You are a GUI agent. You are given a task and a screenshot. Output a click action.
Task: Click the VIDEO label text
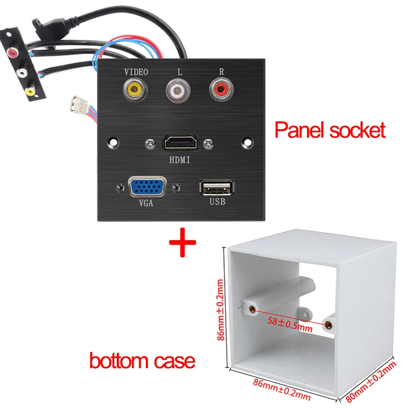[135, 72]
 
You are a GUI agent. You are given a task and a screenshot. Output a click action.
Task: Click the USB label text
[216, 202]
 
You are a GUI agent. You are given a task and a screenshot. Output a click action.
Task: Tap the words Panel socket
[329, 130]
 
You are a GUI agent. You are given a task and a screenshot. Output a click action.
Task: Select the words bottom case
[142, 361]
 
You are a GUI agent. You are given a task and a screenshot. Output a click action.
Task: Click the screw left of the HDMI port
[149, 143]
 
